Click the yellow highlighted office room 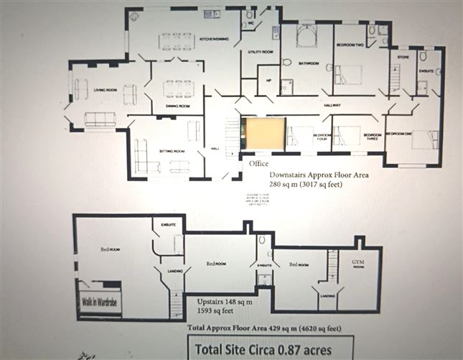tap(263, 134)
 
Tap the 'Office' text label tap(254, 164)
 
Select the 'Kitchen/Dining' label tap(214, 39)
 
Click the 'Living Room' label tap(105, 90)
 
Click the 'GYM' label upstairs tap(357, 263)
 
